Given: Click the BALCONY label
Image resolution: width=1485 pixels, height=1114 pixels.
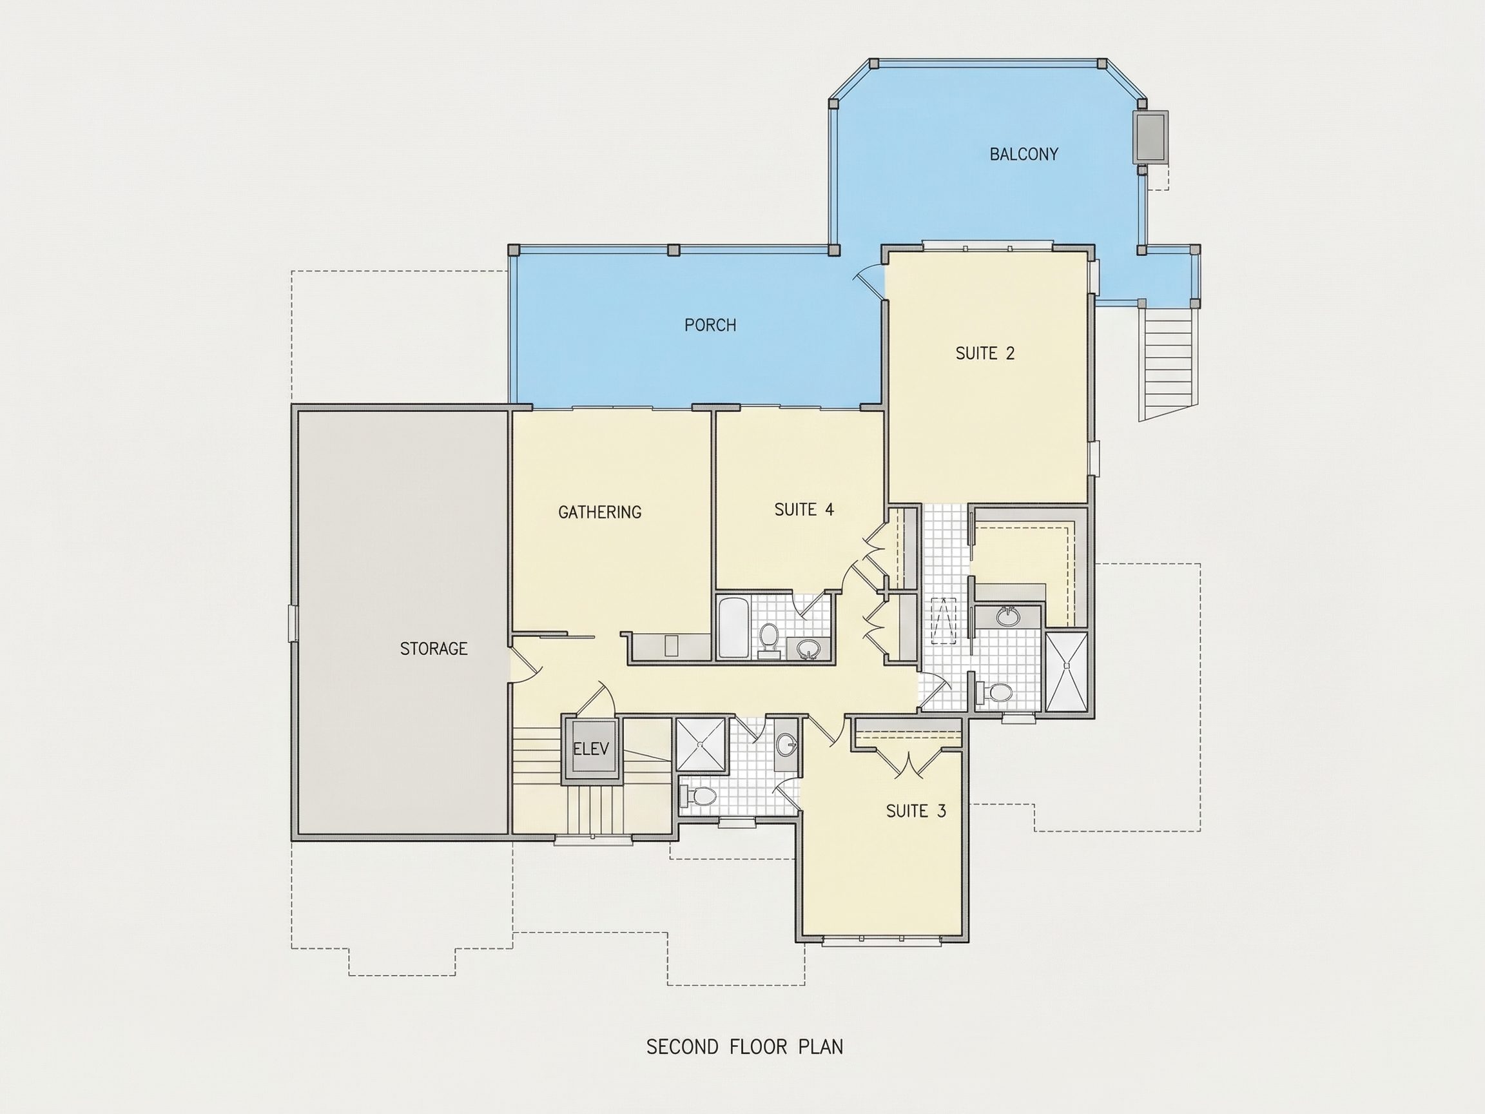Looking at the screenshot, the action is click(1024, 155).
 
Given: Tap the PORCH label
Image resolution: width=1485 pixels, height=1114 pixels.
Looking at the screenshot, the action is click(710, 325).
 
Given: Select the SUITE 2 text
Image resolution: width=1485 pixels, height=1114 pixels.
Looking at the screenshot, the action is click(985, 353).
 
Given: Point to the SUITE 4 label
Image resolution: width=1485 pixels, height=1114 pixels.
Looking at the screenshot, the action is click(804, 510).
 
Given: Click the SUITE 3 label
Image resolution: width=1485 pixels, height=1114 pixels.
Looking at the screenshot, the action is click(916, 811).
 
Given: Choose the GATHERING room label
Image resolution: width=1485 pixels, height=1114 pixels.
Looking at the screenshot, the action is click(599, 513).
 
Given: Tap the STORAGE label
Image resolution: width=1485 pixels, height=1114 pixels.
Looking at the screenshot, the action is click(434, 649).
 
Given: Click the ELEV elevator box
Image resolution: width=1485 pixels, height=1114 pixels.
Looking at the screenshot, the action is click(592, 748).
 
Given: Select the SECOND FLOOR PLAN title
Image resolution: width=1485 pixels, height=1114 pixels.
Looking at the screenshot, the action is click(744, 1047).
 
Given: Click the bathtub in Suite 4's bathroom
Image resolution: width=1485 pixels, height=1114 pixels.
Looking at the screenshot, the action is click(732, 628).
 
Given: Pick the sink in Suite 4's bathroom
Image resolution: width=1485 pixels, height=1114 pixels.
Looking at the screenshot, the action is click(808, 649).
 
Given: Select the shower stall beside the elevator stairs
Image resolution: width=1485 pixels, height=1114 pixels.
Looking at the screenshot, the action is click(701, 744).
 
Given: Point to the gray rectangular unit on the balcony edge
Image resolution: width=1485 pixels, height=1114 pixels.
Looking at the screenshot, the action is click(1150, 137).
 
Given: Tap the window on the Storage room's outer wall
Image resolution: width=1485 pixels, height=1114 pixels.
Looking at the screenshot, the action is click(292, 623).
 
